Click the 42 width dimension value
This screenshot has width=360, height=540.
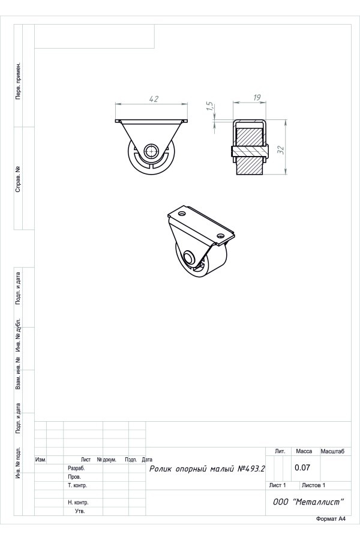click(154, 99)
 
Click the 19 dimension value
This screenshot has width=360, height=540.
click(257, 97)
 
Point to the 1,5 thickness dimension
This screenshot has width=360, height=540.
click(210, 106)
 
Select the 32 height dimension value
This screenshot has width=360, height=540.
click(281, 150)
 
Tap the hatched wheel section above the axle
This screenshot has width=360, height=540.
click(250, 137)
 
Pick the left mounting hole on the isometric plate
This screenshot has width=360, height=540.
click(182, 212)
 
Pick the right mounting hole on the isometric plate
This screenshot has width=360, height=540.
click(220, 236)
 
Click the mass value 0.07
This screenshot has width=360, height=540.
click(302, 467)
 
